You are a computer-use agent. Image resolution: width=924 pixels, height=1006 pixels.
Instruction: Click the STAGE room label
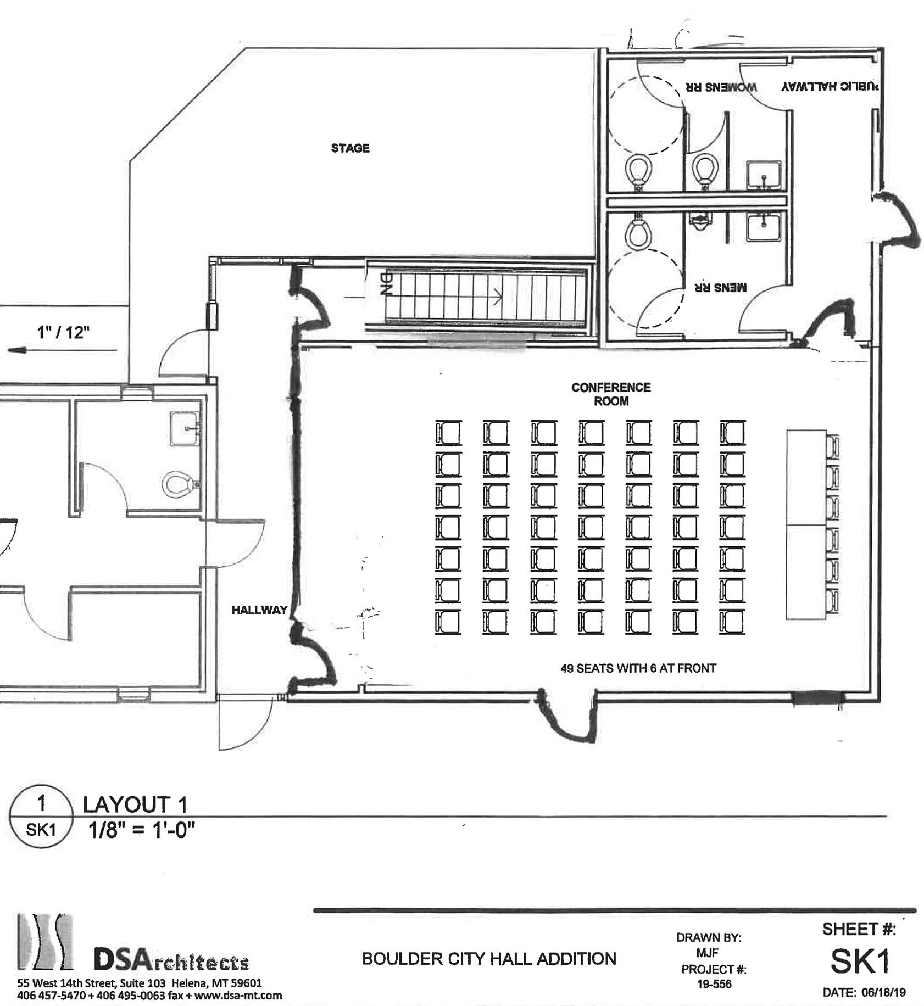(x=350, y=148)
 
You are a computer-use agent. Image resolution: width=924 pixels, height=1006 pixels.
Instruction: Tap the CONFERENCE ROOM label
(x=611, y=394)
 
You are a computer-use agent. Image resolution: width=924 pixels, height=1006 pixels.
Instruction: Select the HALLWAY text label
(x=259, y=610)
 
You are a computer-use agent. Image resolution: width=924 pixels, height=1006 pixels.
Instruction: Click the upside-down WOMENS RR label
(x=721, y=87)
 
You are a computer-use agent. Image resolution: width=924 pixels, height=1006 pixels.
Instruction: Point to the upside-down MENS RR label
(x=721, y=287)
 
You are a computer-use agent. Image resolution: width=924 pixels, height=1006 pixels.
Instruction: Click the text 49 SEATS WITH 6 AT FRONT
(x=638, y=668)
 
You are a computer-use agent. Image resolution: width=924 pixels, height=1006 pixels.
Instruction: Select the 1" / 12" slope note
(x=63, y=332)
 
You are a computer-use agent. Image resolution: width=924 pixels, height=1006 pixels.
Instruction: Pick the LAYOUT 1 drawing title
(x=135, y=804)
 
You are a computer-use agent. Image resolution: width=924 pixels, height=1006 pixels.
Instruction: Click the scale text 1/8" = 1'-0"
(x=142, y=830)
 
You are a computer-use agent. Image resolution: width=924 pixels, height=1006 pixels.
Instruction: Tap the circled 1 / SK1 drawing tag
(x=41, y=817)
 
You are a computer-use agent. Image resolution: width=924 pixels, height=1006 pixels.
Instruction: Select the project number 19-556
(x=714, y=984)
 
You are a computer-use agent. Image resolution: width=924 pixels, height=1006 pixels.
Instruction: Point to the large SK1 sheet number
(x=859, y=961)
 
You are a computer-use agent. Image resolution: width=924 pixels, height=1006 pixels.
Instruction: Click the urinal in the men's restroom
(x=699, y=221)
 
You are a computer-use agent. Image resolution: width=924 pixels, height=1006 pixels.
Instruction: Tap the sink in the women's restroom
(x=764, y=175)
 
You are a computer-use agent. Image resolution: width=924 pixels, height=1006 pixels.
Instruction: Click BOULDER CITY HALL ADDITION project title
(x=489, y=959)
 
